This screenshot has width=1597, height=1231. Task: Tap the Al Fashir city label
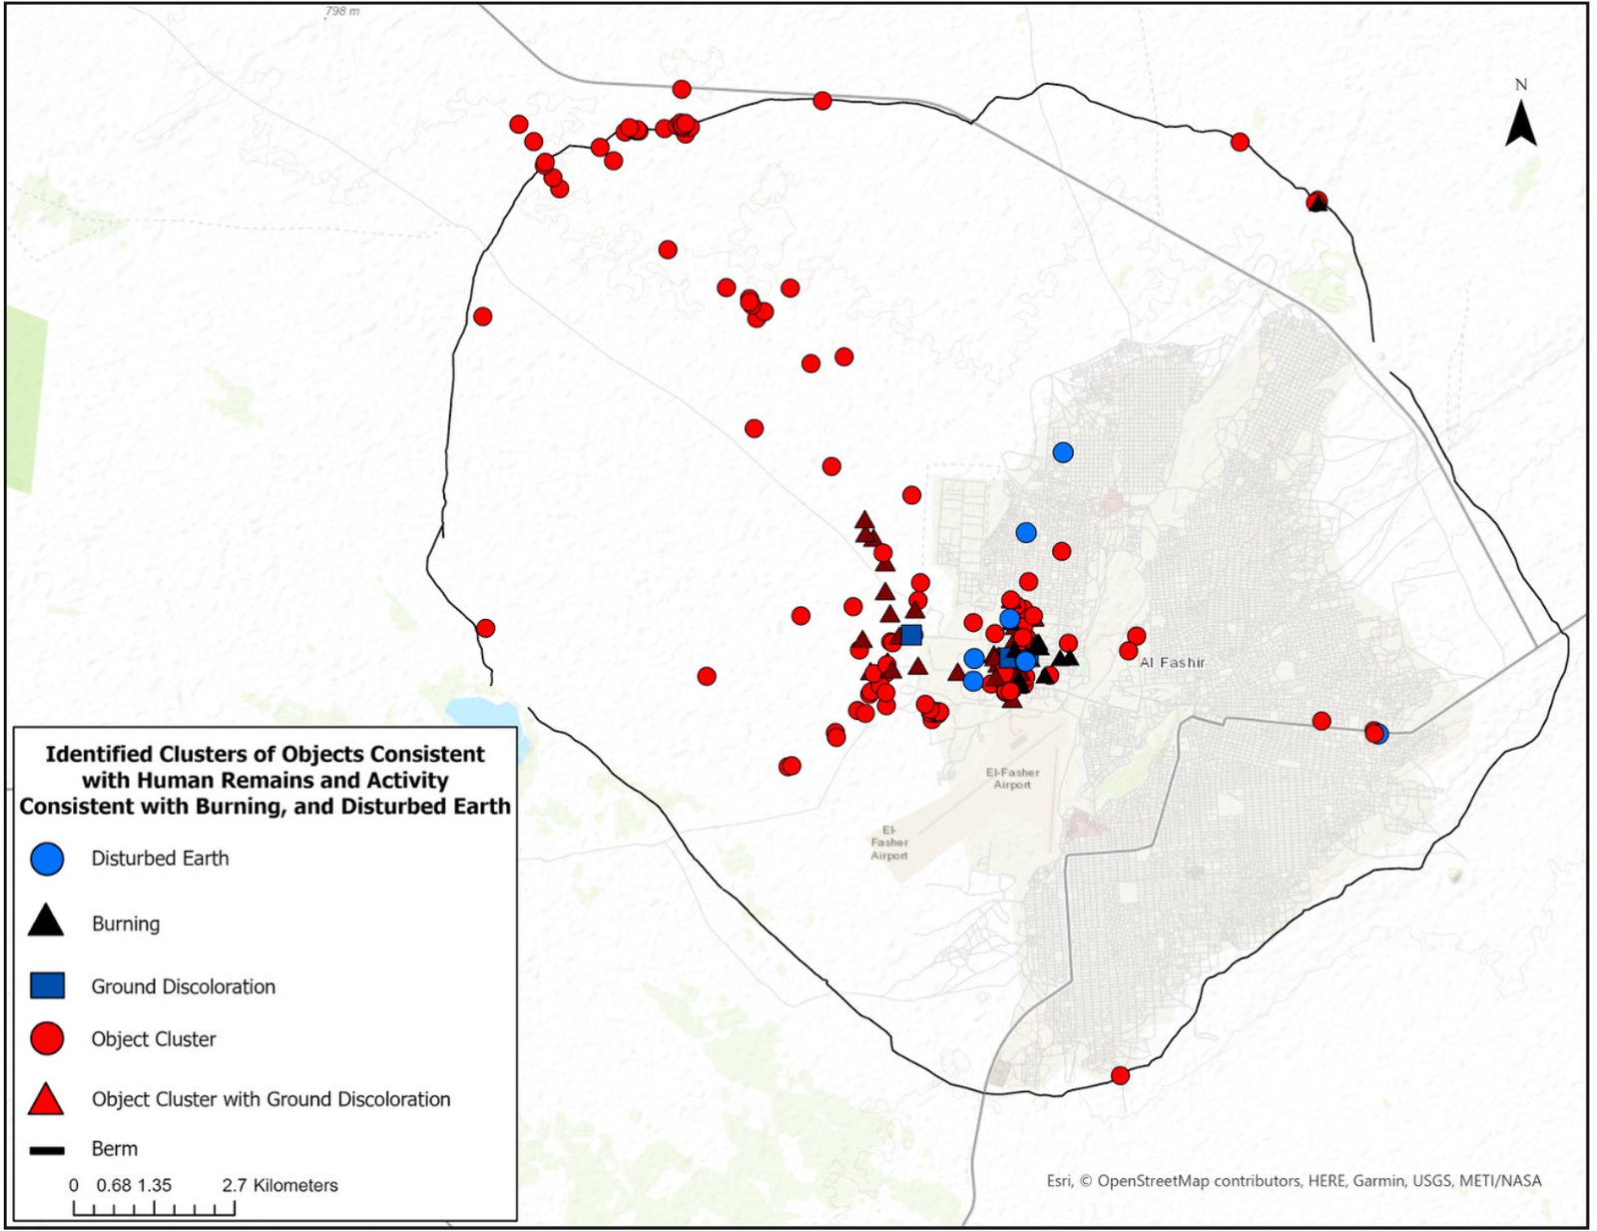(x=1173, y=662)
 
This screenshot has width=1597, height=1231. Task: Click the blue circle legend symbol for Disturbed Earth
(x=47, y=859)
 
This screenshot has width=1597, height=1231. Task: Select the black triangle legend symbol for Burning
(x=46, y=922)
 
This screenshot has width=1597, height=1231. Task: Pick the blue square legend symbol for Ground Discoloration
(x=47, y=985)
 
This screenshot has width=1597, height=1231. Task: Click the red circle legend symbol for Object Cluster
(x=47, y=1038)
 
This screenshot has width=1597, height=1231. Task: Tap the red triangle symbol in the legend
(x=46, y=1099)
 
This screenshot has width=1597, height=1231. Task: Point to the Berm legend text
(x=115, y=1149)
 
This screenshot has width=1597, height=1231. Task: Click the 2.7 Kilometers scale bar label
(x=280, y=1185)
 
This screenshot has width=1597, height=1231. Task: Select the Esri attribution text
(x=1294, y=1180)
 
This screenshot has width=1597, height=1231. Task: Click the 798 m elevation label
(x=342, y=11)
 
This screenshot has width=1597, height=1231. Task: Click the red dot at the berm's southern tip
(x=1120, y=1075)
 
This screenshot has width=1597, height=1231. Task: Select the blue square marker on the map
(x=910, y=635)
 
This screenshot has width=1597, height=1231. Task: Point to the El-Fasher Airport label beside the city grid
(x=1012, y=778)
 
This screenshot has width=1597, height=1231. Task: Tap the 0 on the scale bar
(x=74, y=1185)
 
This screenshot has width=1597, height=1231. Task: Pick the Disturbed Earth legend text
(x=160, y=859)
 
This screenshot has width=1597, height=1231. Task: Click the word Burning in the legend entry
(x=126, y=923)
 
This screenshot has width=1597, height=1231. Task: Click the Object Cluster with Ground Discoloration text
(x=270, y=1099)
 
